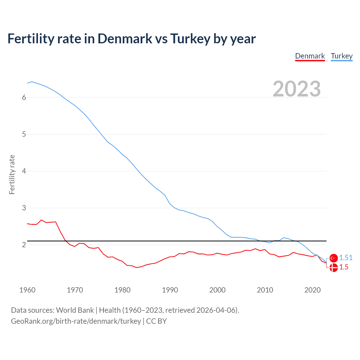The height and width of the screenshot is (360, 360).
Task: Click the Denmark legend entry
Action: tap(310, 56)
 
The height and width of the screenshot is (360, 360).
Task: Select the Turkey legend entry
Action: tap(341, 56)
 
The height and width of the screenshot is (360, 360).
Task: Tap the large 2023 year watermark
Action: tap(296, 89)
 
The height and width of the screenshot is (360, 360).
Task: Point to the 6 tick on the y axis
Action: tap(24, 97)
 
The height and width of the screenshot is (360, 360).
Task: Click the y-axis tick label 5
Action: tap(24, 134)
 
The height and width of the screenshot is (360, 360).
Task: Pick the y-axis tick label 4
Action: tap(24, 171)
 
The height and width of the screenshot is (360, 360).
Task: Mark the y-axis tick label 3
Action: tap(24, 208)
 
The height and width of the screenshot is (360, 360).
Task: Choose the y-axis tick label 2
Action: tap(24, 245)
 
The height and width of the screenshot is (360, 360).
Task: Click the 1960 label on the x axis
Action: tap(27, 290)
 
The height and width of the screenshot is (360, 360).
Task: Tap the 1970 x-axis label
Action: tap(75, 290)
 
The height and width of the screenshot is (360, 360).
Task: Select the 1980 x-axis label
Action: tap(122, 290)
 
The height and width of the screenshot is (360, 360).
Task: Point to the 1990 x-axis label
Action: tap(170, 290)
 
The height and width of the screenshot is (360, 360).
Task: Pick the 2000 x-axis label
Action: tap(217, 290)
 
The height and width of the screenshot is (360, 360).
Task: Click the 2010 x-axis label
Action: tap(265, 290)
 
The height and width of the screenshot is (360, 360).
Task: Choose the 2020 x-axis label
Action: tap(312, 290)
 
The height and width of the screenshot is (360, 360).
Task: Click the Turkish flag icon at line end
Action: tap(334, 258)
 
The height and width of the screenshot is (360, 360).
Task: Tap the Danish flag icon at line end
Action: tap(334, 268)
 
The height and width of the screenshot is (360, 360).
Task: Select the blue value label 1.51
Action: tap(346, 258)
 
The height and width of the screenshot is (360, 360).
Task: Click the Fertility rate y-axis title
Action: tap(12, 174)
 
